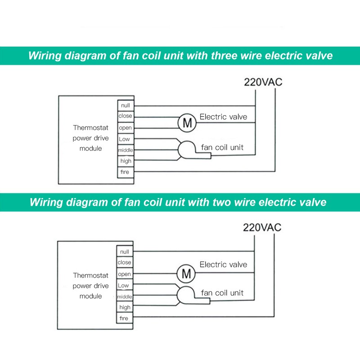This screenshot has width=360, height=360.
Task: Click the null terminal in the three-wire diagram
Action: pos(126,105)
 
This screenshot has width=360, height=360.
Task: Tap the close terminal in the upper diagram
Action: pos(126,116)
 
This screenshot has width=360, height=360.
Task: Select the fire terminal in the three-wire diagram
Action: pos(126,172)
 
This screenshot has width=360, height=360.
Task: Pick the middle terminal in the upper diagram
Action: pos(126,150)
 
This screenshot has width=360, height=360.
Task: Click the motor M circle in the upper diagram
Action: pos(187,123)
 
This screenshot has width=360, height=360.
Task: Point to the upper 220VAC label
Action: pos(263,82)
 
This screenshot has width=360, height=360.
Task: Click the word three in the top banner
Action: pos(224,55)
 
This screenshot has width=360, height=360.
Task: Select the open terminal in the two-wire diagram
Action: pos(125,274)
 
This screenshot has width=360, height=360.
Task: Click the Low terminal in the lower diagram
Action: pos(125,285)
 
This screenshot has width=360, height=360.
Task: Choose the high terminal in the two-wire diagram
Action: pos(125,307)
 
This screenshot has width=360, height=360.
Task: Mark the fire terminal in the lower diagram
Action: pos(125,318)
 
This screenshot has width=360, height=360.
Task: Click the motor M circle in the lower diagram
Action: pos(186,274)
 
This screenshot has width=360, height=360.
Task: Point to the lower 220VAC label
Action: pos(262,228)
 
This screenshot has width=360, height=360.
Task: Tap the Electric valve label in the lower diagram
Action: pos(223,265)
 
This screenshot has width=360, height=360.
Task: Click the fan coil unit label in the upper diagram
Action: pos(222,148)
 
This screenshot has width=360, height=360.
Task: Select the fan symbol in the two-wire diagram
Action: pos(193,296)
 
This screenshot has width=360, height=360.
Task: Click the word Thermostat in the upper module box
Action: pos(91,128)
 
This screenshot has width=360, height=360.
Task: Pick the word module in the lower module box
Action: pos(91,296)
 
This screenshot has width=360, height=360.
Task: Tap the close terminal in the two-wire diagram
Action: pos(125,262)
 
